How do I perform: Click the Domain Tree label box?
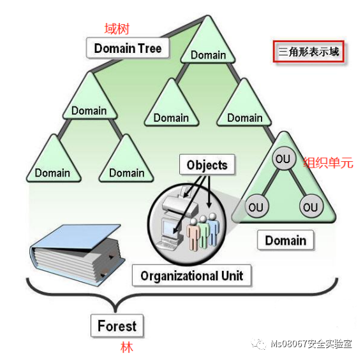(128, 48)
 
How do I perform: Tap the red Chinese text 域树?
(117, 29)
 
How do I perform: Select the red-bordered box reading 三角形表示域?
(309, 52)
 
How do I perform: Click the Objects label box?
(207, 164)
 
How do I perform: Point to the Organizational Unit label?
(191, 275)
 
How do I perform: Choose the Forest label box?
(117, 326)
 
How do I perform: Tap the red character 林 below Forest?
(126, 347)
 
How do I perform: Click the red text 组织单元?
(329, 162)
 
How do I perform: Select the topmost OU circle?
(284, 159)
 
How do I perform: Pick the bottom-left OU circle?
(256, 206)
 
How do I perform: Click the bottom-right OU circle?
(311, 206)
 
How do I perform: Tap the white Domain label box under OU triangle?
(286, 240)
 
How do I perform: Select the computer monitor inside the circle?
(170, 229)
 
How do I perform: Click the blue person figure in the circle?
(213, 229)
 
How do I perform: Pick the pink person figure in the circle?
(193, 234)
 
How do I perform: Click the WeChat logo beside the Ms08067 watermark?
(259, 344)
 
